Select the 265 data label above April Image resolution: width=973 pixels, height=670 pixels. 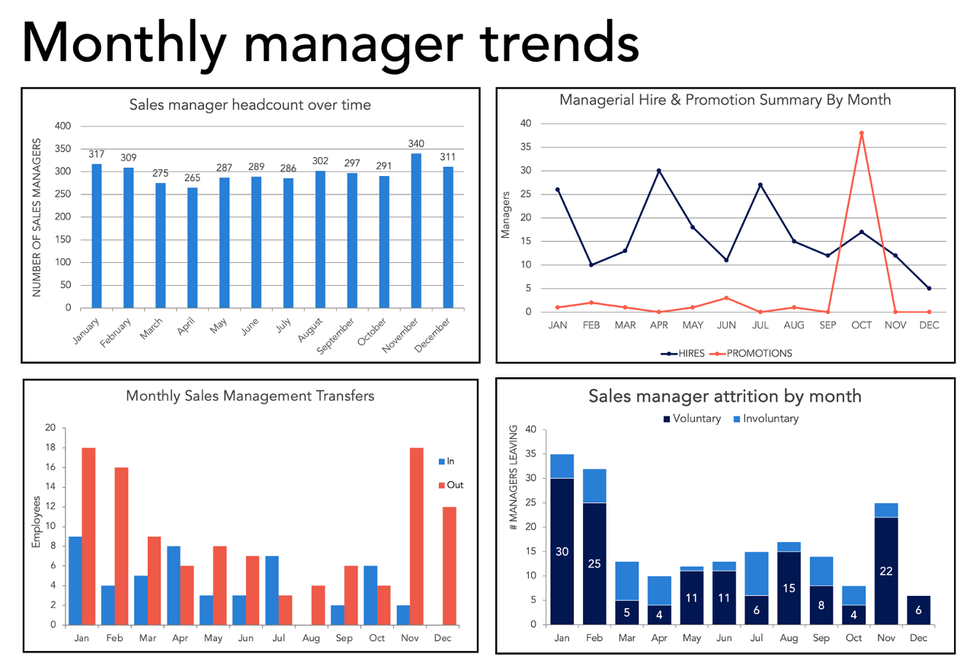pyautogui.click(x=192, y=178)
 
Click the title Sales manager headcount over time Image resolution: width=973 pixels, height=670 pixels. pyautogui.click(x=250, y=105)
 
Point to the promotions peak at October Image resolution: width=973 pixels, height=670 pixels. pyautogui.click(x=861, y=133)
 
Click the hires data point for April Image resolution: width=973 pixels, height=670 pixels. pyautogui.click(x=658, y=171)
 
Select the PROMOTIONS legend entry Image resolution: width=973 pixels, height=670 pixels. pyautogui.click(x=759, y=353)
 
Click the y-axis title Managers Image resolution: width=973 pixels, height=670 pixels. pyautogui.click(x=505, y=218)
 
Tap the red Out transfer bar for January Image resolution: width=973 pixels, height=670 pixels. pyautogui.click(x=88, y=536)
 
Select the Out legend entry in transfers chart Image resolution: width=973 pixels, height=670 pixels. pyautogui.click(x=455, y=485)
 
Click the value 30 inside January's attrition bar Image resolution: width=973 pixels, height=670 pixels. pyautogui.click(x=562, y=552)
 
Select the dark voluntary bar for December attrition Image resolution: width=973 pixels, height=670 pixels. pyautogui.click(x=918, y=610)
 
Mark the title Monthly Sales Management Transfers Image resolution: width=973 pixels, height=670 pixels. pyautogui.click(x=250, y=396)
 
